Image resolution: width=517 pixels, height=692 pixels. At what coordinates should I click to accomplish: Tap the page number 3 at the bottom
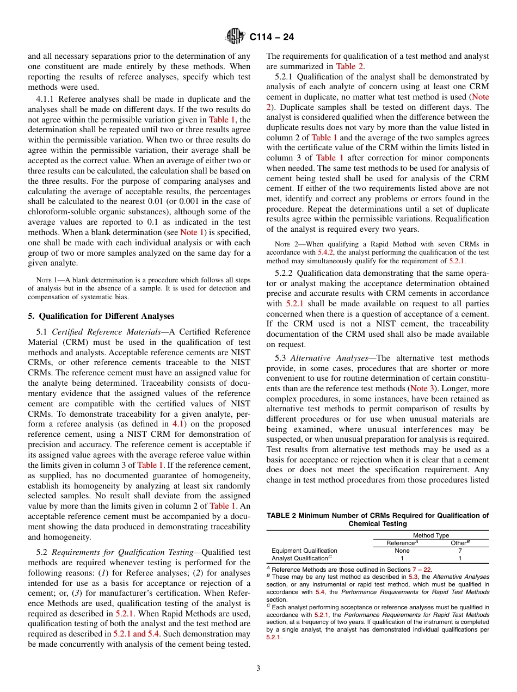[x=258, y=668]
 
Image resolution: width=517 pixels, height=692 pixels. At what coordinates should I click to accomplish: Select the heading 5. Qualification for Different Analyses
[x=101, y=316]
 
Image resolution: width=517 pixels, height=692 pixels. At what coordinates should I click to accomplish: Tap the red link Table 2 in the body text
[x=350, y=66]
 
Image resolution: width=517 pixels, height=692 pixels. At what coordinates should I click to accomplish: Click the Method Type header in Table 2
[x=431, y=535]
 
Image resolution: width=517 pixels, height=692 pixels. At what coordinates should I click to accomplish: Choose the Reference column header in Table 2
[x=402, y=543]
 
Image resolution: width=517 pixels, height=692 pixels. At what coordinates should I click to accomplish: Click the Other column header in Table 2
[x=460, y=543]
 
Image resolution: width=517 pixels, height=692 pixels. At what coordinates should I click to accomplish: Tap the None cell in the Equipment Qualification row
[x=402, y=551]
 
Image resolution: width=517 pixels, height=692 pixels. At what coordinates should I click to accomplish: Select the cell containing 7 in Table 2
[x=460, y=551]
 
